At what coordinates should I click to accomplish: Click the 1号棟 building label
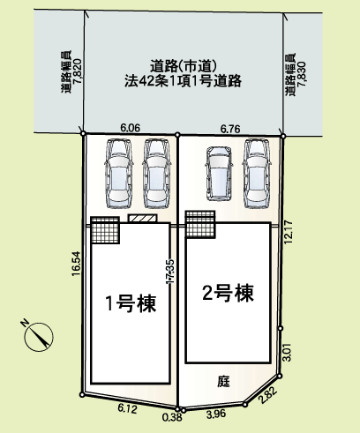[131, 303]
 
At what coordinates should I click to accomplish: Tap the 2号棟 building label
[228, 293]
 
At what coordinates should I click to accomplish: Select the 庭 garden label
[224, 381]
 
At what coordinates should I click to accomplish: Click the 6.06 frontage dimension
[131, 128]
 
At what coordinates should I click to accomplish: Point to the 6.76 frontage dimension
[230, 129]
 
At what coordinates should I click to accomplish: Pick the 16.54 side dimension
[76, 264]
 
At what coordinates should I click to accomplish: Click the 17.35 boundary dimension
[170, 272]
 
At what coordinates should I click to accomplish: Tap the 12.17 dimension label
[289, 232]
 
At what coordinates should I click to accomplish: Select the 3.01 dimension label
[287, 352]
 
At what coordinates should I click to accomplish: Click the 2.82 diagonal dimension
[268, 396]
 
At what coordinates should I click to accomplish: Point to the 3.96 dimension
[216, 414]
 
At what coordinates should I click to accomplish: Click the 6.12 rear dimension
[127, 408]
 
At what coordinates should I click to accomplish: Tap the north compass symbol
[39, 336]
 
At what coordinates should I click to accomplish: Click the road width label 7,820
[77, 72]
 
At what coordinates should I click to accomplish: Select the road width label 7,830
[302, 74]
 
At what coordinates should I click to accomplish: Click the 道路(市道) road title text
[184, 66]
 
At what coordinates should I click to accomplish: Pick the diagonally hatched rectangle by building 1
[143, 219]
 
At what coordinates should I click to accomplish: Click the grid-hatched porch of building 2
[200, 224]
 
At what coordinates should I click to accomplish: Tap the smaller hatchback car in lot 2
[220, 174]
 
